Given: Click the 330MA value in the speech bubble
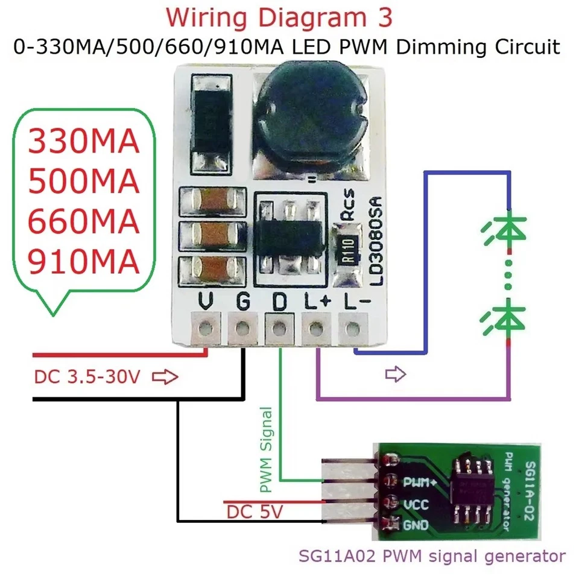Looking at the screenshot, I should tap(84, 143).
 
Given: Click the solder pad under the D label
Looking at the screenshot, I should tap(279, 329).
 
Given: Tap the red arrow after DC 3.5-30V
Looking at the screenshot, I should tap(165, 378).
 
